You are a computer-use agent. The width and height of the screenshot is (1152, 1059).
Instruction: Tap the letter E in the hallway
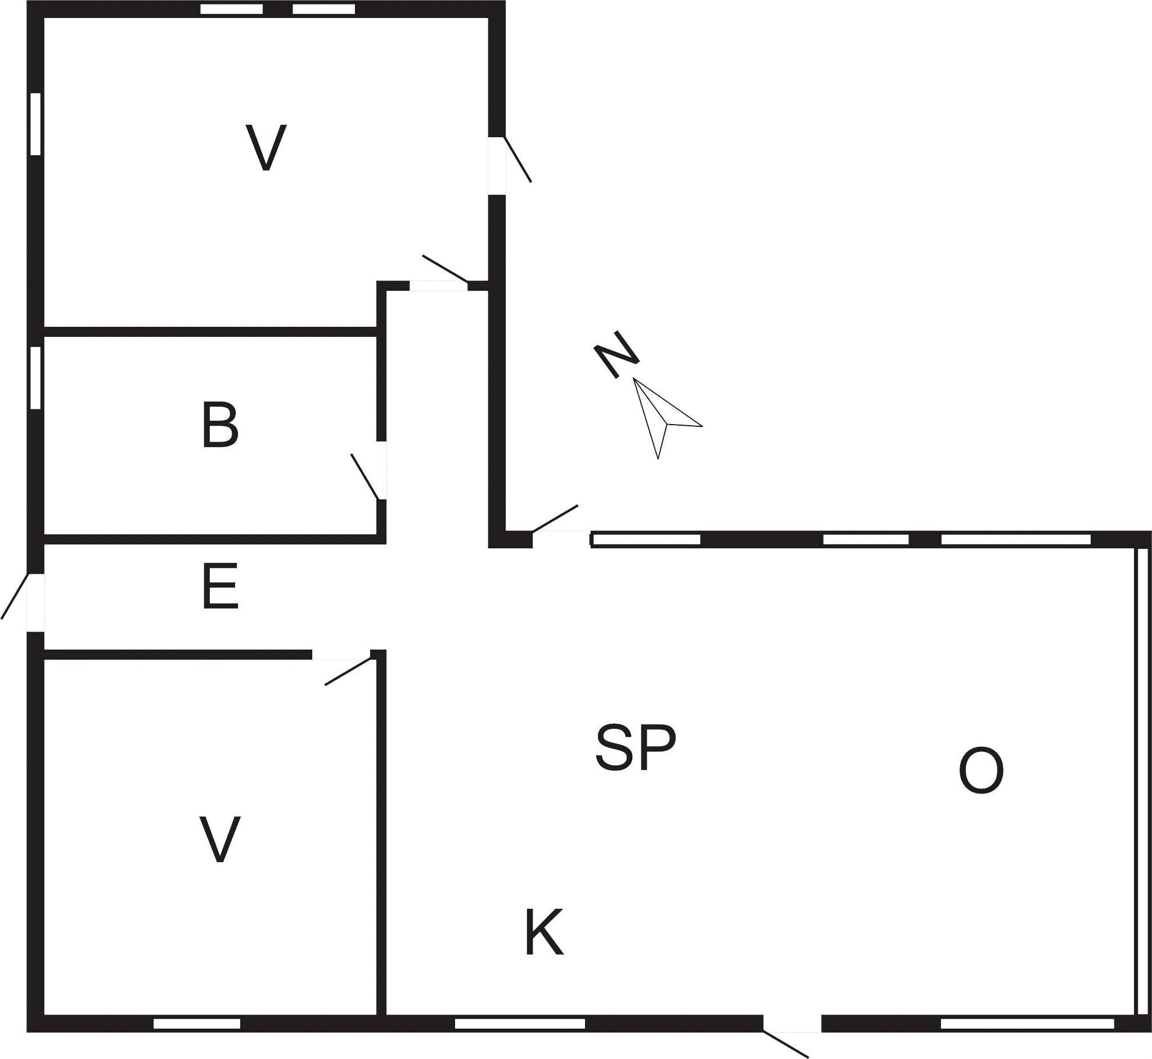[x=219, y=585]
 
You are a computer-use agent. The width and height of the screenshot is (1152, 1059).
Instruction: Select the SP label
[x=636, y=747]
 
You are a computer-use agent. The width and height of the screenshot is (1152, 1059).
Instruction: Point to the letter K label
[x=543, y=940]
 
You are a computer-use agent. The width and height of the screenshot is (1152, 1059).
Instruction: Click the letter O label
[x=980, y=770]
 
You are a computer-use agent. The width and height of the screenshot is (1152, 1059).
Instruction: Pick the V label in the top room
[x=265, y=148]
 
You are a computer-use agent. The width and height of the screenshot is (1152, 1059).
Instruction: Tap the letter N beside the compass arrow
[x=615, y=354]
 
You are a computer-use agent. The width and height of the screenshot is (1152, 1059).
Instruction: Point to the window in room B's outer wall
[x=35, y=377]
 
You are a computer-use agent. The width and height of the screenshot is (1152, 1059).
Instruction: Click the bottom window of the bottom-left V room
[x=196, y=1024]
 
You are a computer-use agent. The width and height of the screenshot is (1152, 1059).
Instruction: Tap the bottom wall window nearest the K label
[x=520, y=1024]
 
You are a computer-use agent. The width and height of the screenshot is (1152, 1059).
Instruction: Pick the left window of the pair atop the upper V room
[x=232, y=9]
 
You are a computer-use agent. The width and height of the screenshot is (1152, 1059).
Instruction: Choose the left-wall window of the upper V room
[x=35, y=124]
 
